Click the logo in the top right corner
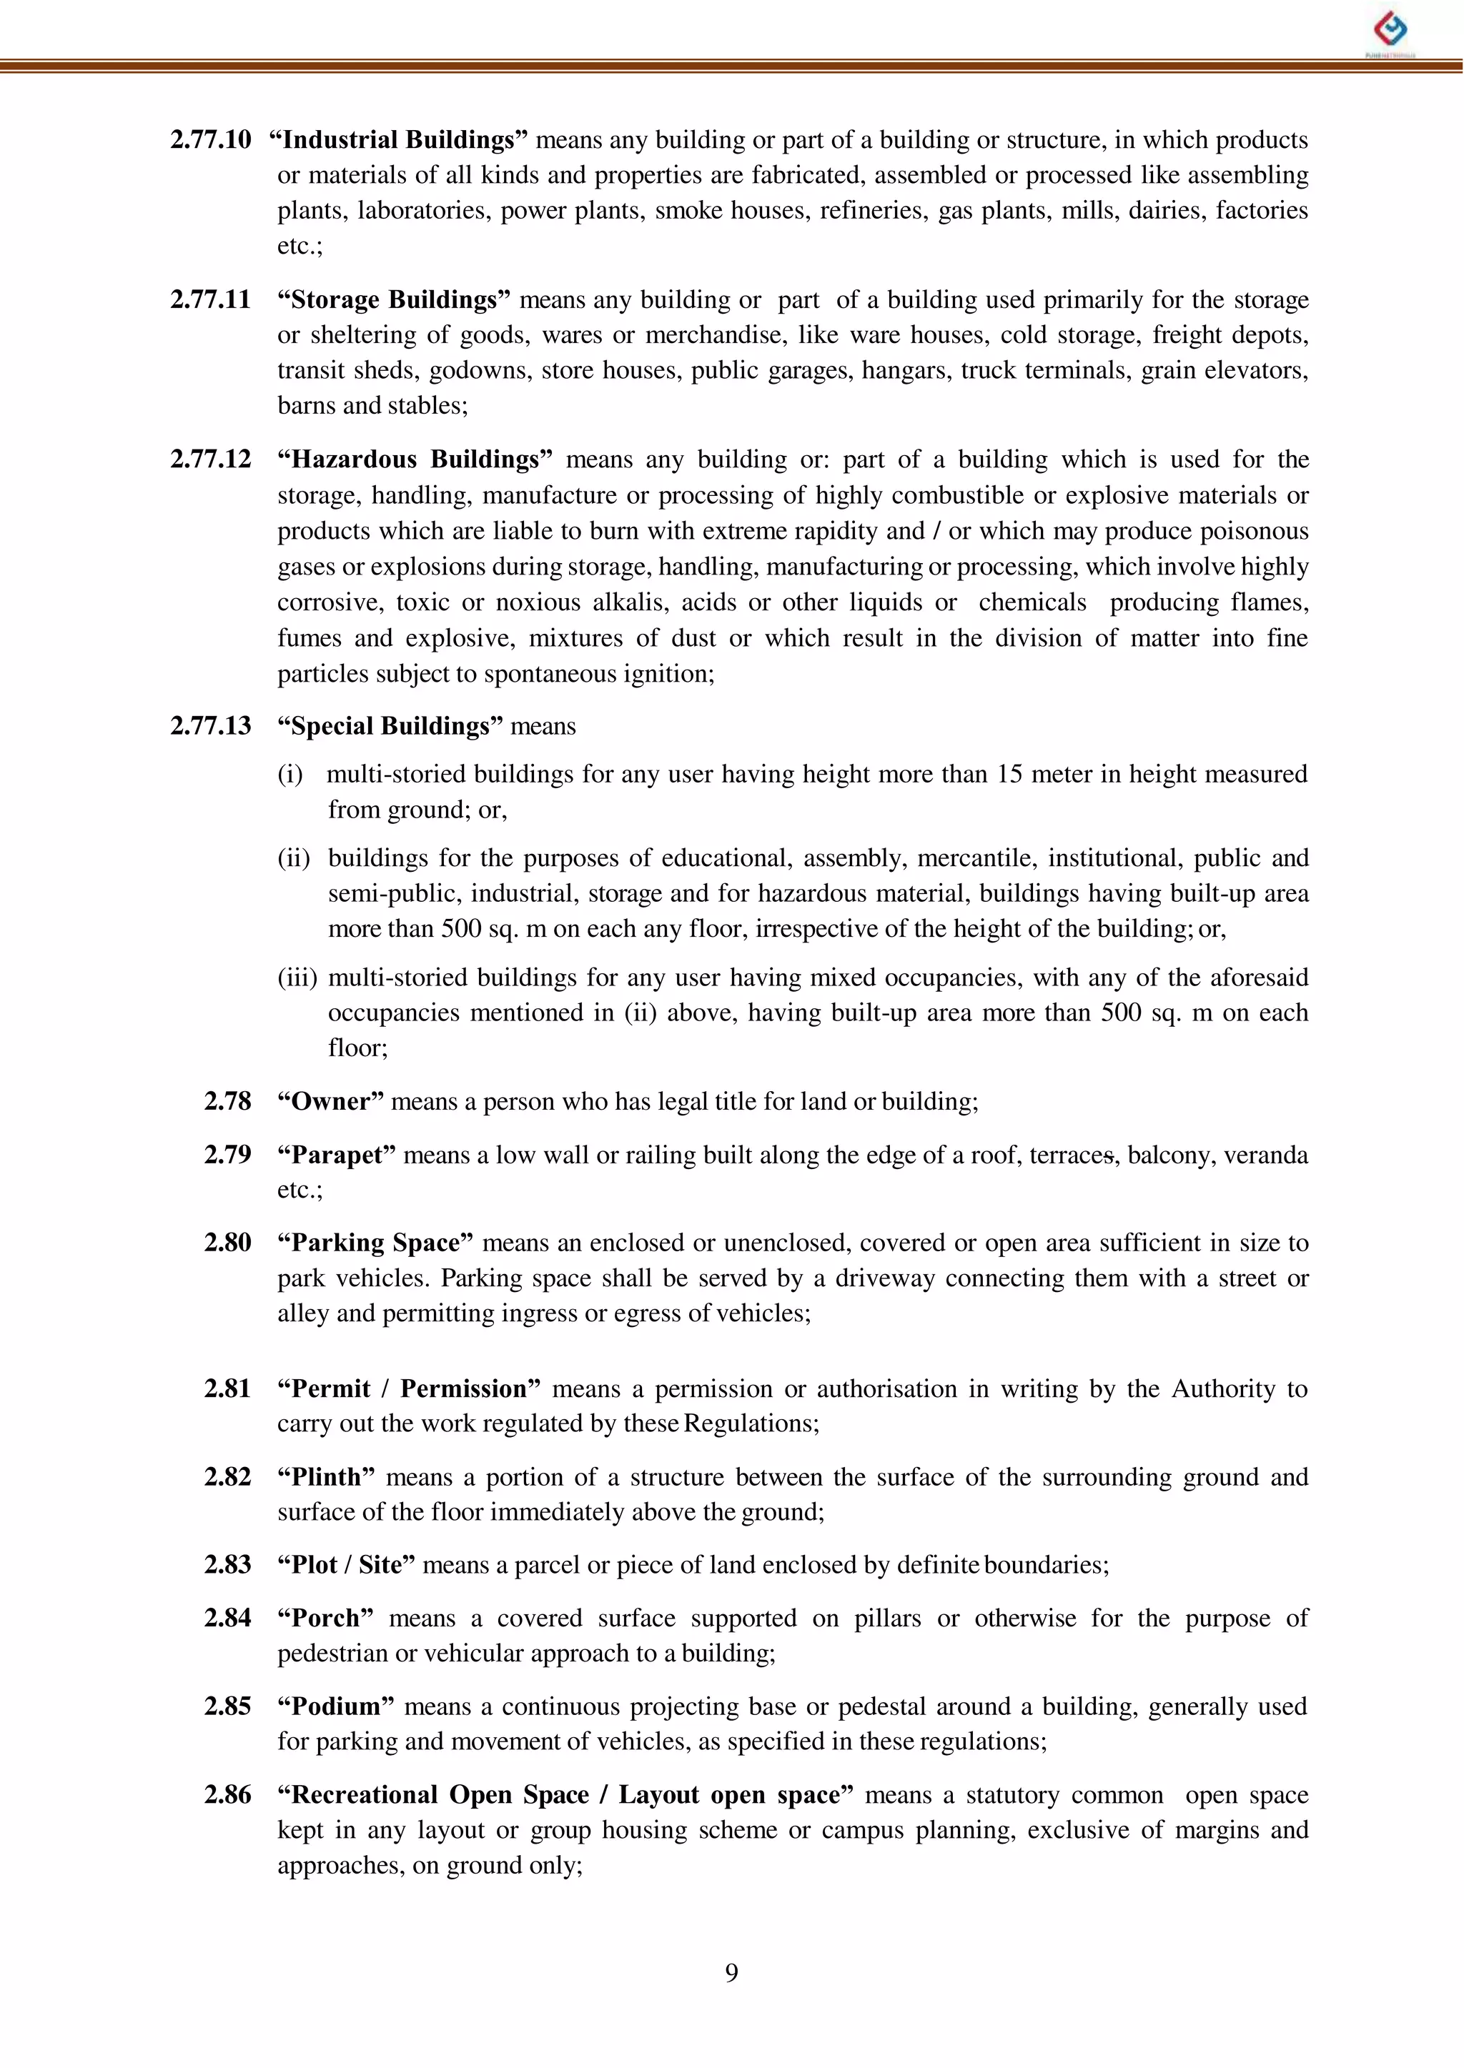1390,31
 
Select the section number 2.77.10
210,139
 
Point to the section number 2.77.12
210,459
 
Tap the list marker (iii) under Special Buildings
296,977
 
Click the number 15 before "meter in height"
1008,774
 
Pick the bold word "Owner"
331,1101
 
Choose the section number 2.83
227,1564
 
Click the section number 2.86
227,1794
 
